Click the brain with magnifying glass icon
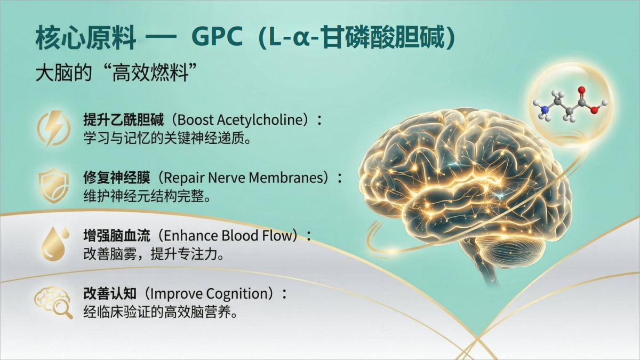(x=53, y=302)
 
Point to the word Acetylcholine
(x=263, y=119)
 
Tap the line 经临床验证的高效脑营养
(x=161, y=311)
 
